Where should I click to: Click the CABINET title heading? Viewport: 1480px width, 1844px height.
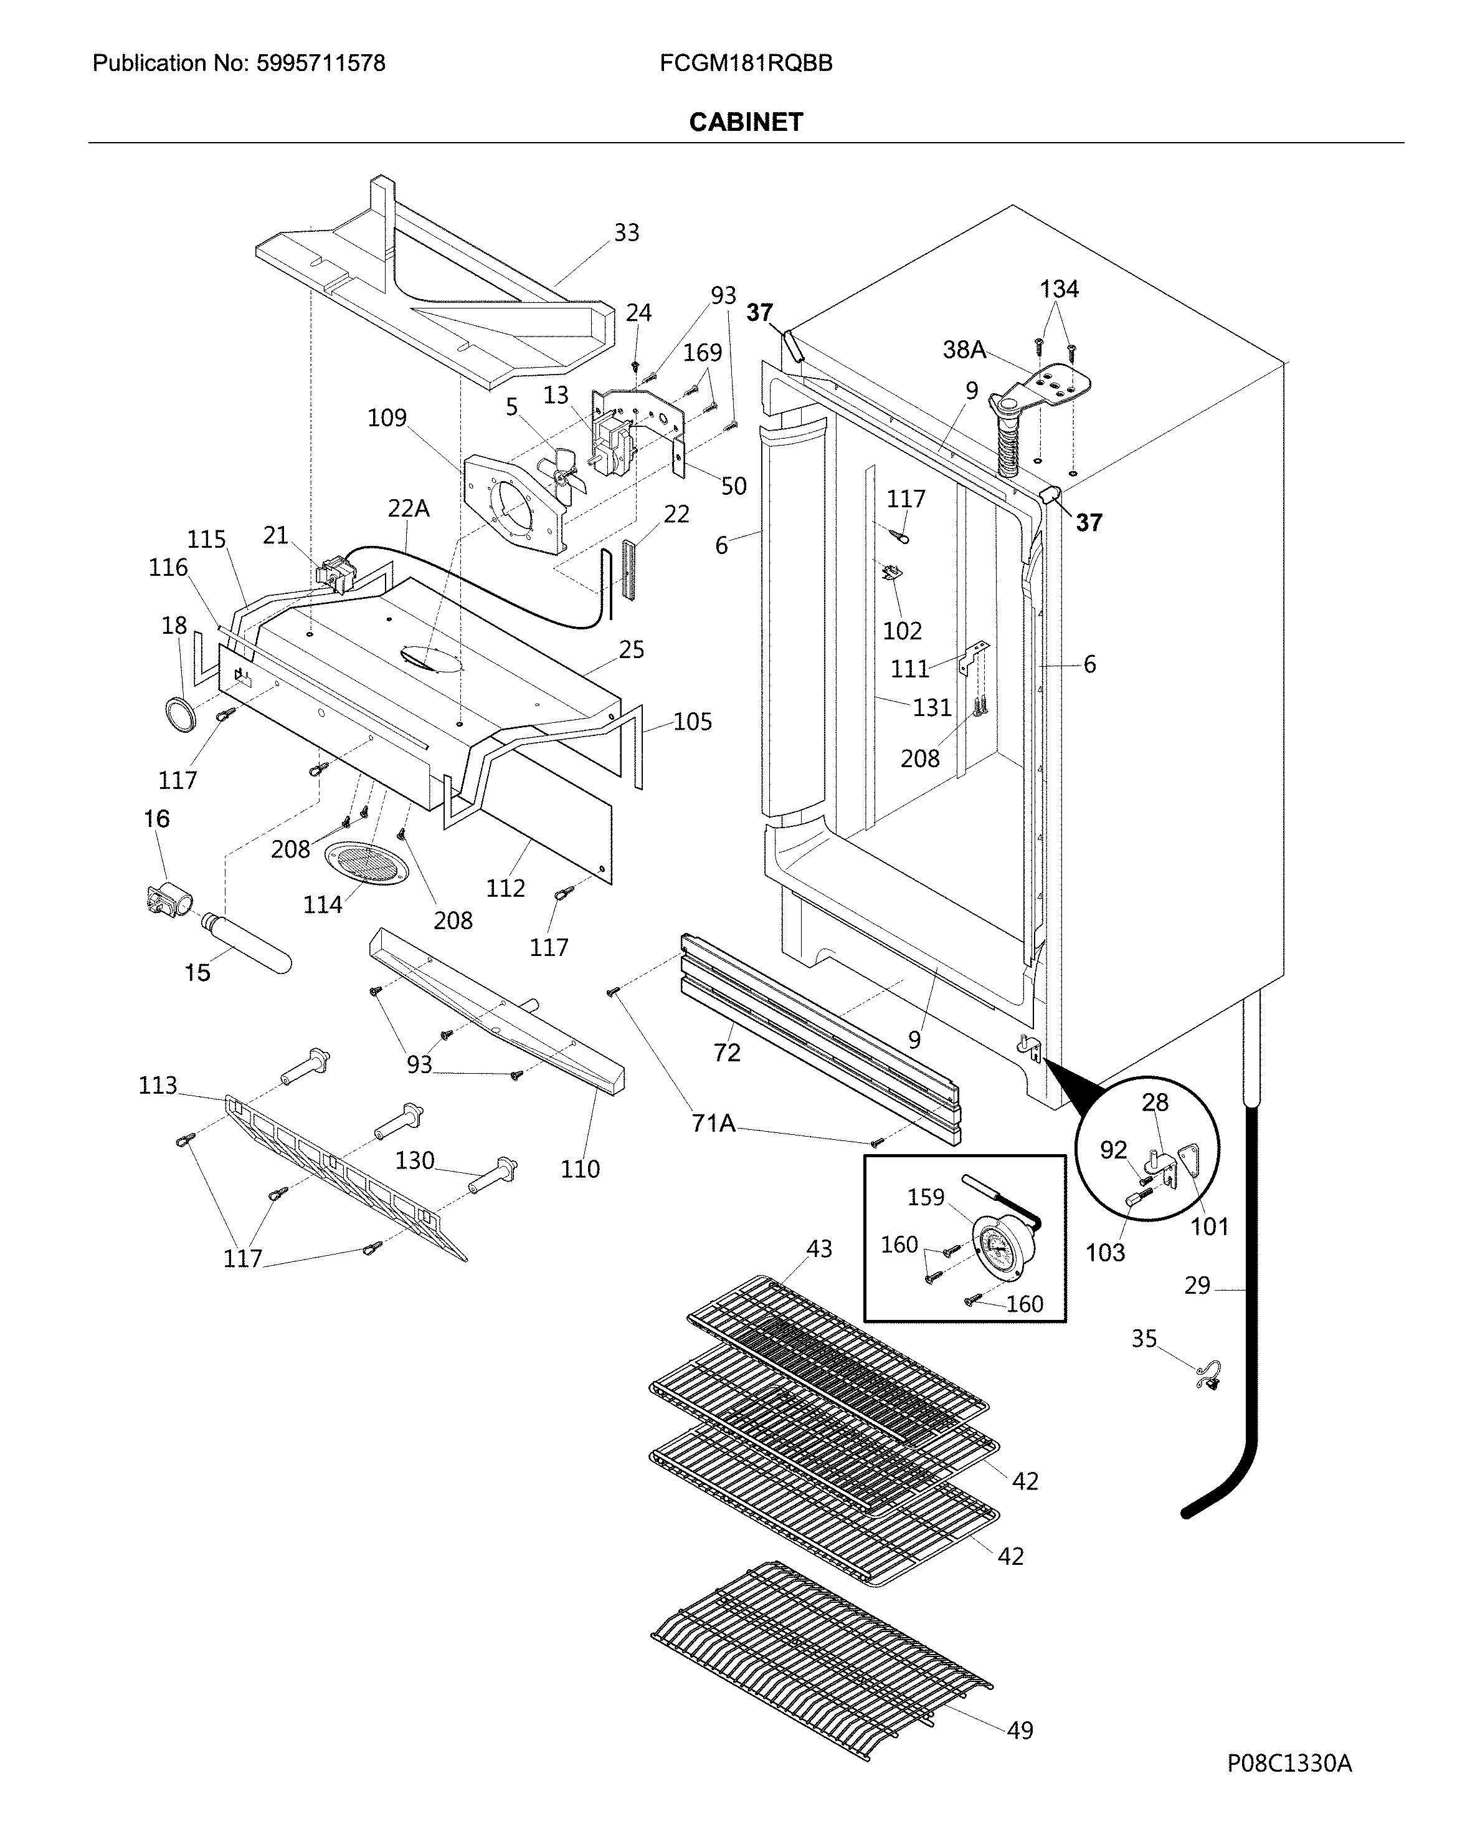(x=746, y=122)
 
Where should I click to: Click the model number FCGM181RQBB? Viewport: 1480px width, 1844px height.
(x=746, y=64)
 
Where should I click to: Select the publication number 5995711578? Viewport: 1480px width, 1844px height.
(x=321, y=64)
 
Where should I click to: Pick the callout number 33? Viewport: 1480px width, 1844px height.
(x=626, y=232)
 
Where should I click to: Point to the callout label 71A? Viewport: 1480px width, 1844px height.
(x=713, y=1123)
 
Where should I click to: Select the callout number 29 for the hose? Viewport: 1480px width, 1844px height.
(x=1197, y=1286)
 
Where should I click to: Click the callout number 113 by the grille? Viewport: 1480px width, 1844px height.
(x=158, y=1086)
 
